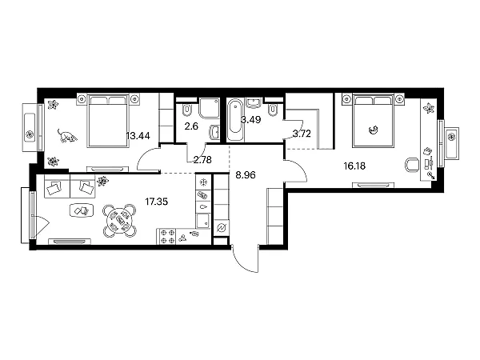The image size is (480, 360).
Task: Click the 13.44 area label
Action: pyautogui.click(x=138, y=136)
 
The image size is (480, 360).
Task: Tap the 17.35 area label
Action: pyautogui.click(x=157, y=202)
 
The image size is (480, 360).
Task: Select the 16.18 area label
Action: pyautogui.click(x=354, y=166)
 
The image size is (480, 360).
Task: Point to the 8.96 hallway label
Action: pyautogui.click(x=246, y=175)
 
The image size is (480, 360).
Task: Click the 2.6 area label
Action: pyautogui.click(x=191, y=126)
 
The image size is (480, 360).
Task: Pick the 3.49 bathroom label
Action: pyautogui.click(x=250, y=120)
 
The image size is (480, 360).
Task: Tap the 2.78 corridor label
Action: pyautogui.click(x=202, y=159)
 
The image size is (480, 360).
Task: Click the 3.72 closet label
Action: pyautogui.click(x=302, y=134)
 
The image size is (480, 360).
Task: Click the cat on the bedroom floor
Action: pyautogui.click(x=67, y=136)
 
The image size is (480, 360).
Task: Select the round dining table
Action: pyautogui.click(x=120, y=221)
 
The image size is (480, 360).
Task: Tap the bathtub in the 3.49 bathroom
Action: pyautogui.click(x=235, y=120)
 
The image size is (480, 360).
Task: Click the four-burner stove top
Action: pyautogui.click(x=167, y=237)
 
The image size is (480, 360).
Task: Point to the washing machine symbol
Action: pyautogui.click(x=221, y=228)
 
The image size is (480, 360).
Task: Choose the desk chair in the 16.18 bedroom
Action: pyautogui.click(x=412, y=166)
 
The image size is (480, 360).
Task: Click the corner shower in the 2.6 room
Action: pyautogui.click(x=210, y=108)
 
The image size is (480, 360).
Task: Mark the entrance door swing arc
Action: pyautogui.click(x=242, y=264)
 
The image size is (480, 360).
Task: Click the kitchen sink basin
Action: pyautogui.click(x=202, y=222)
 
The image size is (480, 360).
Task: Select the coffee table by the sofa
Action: pyautogui.click(x=82, y=210)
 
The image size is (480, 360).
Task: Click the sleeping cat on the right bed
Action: pyautogui.click(x=373, y=130)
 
